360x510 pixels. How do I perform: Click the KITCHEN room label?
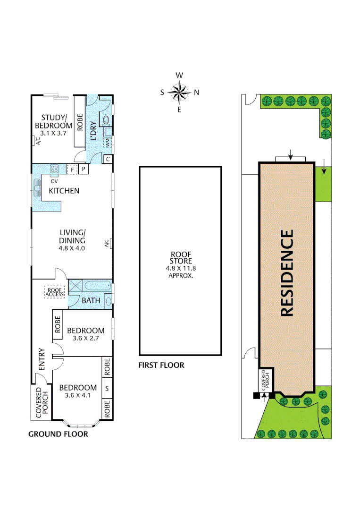pyautogui.click(x=64, y=191)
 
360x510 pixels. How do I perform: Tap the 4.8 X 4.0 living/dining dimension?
pyautogui.click(x=72, y=247)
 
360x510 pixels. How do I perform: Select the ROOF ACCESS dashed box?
pyautogui.click(x=55, y=292)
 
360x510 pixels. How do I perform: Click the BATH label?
pyautogui.click(x=91, y=300)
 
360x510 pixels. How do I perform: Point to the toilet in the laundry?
pyautogui.click(x=106, y=119)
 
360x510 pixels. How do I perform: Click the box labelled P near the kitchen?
pyautogui.click(x=84, y=169)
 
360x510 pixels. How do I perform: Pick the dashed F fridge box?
pyautogui.click(x=72, y=169)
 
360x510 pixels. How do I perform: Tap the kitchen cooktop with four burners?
pyautogui.click(x=54, y=168)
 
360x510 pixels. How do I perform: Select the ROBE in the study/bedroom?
pyautogui.click(x=80, y=123)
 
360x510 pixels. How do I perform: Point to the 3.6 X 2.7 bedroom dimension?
pyautogui.click(x=85, y=339)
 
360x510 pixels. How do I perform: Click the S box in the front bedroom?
pyautogui.click(x=107, y=389)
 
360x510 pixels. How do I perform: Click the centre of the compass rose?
pyautogui.click(x=179, y=92)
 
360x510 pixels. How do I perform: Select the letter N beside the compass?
pyautogui.click(x=197, y=93)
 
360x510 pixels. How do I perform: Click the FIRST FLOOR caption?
pyautogui.click(x=161, y=365)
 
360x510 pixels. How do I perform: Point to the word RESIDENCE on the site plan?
pyautogui.click(x=287, y=272)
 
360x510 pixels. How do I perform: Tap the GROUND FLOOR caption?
pyautogui.click(x=58, y=434)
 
